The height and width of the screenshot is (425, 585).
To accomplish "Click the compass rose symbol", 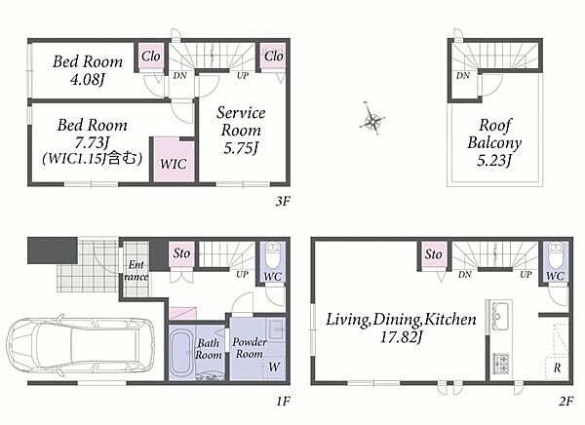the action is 372,119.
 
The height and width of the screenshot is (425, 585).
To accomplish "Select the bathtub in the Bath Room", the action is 181,353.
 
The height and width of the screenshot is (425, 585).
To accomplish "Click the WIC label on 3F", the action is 174,164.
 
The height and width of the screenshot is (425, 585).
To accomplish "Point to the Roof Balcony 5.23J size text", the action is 494,161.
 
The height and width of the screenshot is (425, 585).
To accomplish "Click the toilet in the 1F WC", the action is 273,253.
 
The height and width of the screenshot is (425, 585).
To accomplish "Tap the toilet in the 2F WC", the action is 556,254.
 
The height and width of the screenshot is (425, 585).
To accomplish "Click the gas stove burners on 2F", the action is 501,363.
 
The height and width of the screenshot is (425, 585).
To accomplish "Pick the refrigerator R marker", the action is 557,367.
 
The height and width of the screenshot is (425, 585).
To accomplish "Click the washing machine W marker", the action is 274,367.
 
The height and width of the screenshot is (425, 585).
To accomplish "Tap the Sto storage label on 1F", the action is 181,253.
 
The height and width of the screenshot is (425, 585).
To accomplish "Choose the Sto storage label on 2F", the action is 434,254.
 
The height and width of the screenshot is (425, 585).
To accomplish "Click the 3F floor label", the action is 283,202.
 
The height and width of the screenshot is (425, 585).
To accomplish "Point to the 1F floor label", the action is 283,402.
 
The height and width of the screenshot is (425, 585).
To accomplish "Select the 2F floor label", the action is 565,402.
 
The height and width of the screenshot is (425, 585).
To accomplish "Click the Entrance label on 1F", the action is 136,271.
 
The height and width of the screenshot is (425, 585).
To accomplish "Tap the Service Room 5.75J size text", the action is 241,148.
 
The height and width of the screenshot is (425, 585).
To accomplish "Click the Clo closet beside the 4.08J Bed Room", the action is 151,57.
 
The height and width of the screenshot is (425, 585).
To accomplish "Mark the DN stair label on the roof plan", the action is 463,76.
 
